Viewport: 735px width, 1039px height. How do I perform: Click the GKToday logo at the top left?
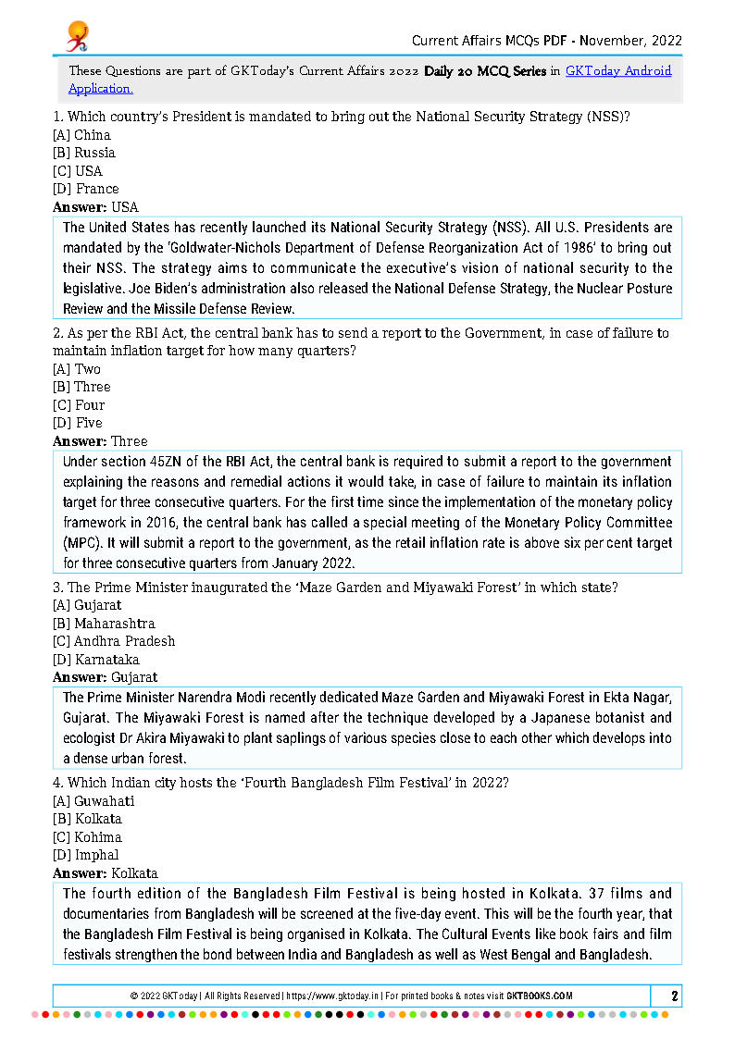pos(77,36)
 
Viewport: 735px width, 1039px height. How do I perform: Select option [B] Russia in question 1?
pos(84,153)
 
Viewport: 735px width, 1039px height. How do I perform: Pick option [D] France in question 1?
pos(86,189)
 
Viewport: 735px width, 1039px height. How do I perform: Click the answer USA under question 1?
pos(124,207)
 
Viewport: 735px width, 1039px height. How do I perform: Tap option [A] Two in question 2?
pos(77,369)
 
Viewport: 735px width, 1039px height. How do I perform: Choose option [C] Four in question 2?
pos(79,405)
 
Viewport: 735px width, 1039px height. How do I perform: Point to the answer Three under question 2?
pos(129,441)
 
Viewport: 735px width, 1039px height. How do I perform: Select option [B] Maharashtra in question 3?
pos(104,624)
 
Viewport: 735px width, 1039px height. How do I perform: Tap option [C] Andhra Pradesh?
pos(114,641)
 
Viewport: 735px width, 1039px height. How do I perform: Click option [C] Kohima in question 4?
pos(87,837)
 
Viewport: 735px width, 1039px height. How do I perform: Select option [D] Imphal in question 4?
pos(86,855)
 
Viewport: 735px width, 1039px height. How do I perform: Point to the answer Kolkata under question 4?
pos(134,873)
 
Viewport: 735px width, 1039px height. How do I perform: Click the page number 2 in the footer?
pos(675,996)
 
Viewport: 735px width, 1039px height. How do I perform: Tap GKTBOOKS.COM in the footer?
pos(540,996)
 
